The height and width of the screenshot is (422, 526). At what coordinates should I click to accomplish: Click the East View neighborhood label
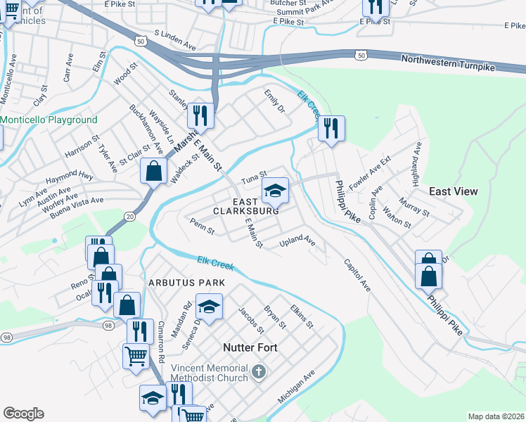[454, 191]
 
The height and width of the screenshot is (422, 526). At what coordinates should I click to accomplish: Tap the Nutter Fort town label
[250, 347]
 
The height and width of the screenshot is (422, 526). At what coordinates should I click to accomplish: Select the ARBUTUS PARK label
[186, 283]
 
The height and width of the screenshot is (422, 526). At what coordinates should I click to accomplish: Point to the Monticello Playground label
[49, 120]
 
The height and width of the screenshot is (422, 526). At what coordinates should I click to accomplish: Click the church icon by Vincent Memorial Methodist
[259, 371]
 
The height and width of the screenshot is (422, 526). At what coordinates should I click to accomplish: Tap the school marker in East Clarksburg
[276, 189]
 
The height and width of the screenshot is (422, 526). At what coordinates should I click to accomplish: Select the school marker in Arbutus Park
[209, 307]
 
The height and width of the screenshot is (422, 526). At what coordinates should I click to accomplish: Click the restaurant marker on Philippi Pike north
[329, 128]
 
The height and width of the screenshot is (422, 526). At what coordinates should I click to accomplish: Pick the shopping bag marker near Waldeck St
[153, 170]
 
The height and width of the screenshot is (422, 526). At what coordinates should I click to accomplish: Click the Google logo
[23, 414]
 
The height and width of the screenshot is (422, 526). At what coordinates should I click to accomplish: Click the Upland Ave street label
[297, 241]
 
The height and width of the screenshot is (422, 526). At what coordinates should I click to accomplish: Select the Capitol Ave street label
[357, 275]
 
